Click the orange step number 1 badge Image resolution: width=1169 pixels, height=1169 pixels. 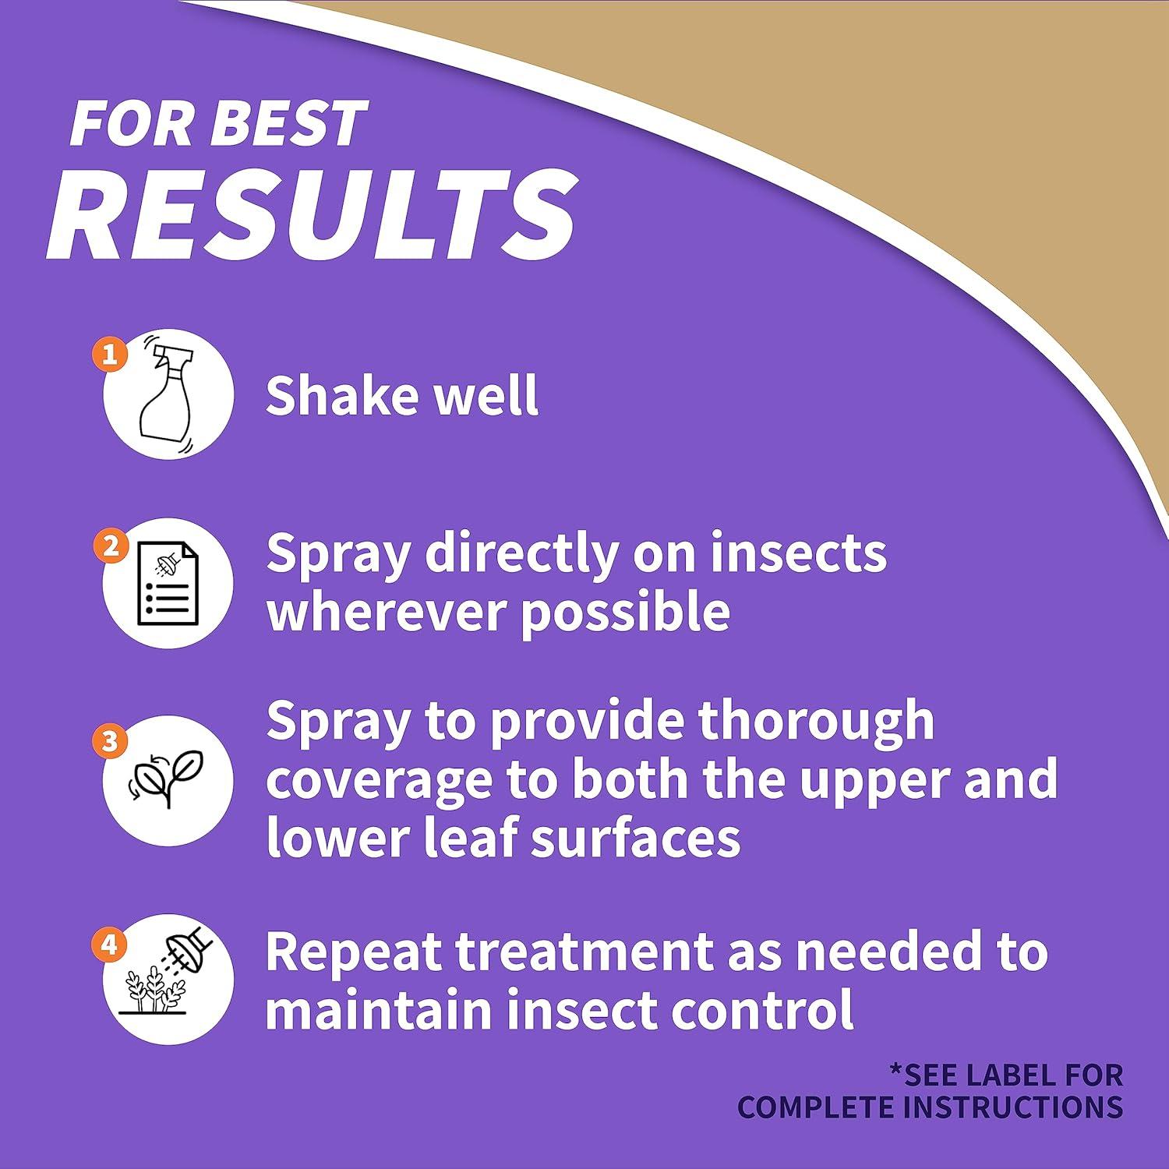coord(110,355)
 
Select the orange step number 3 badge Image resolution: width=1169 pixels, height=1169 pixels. coord(110,740)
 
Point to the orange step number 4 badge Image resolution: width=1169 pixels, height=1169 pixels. coord(109,945)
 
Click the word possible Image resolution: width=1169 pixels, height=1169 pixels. coord(625,613)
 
